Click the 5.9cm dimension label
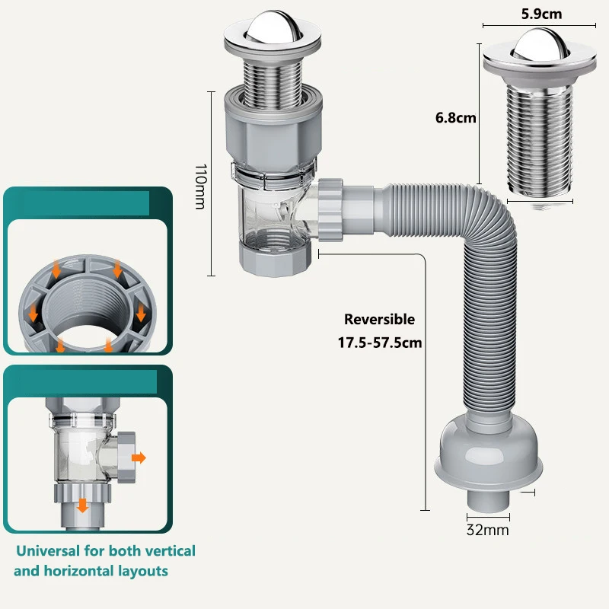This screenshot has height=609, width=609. tap(541, 14)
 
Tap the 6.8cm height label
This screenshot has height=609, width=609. tap(455, 117)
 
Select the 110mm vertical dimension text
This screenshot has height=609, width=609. tap(200, 187)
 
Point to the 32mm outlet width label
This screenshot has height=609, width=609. tap(487, 530)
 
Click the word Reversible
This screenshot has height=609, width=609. tap(379, 319)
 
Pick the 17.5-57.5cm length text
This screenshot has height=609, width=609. tap(379, 343)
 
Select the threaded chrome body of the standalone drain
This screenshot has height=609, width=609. tap(540, 139)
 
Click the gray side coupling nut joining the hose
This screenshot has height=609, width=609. tap(330, 210)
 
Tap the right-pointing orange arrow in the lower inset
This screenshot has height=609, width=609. tap(139, 458)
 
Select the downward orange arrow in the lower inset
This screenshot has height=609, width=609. tap(82, 505)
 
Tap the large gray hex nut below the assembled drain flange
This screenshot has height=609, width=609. tap(273, 128)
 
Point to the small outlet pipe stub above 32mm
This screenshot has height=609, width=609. tap(488, 501)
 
